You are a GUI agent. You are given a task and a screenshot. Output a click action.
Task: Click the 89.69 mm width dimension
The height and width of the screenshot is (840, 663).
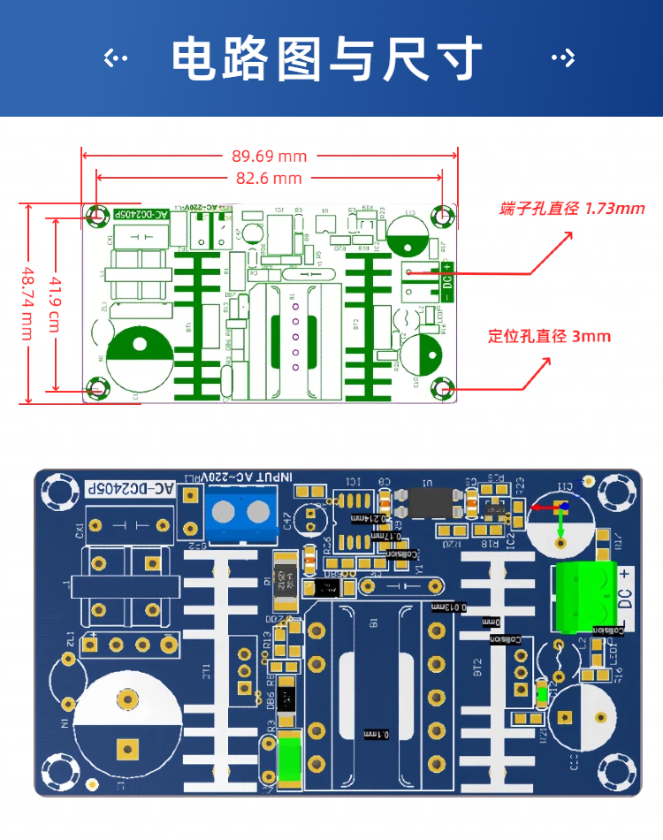click(269, 157)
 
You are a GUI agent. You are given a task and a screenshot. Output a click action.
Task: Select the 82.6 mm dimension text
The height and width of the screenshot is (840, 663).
click(269, 179)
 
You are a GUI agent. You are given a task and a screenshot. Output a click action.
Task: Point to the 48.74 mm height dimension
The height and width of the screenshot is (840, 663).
click(27, 302)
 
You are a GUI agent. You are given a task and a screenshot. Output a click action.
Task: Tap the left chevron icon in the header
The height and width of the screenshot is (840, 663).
click(116, 59)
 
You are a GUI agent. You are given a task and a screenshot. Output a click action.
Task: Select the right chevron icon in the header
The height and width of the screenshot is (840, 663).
click(563, 59)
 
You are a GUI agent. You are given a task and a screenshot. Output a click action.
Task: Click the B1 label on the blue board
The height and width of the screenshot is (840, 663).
click(373, 623)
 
